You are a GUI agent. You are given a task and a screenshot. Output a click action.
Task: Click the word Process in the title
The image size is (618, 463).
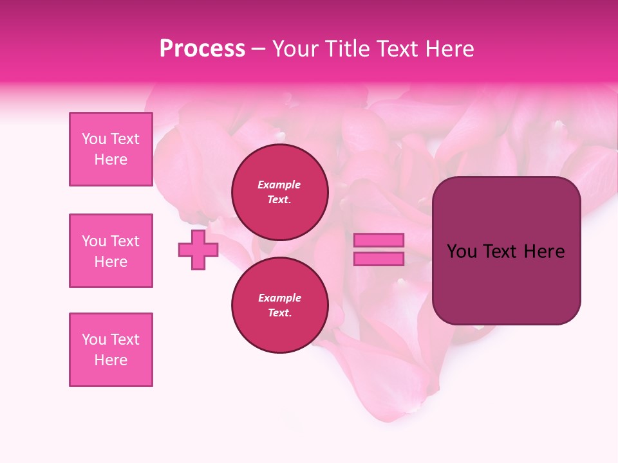(202, 49)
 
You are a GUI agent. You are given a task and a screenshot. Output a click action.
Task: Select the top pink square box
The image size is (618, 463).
(111, 149)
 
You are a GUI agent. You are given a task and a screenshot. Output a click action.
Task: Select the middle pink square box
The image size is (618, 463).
(111, 251)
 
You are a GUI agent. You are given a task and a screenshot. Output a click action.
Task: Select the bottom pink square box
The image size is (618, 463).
(111, 350)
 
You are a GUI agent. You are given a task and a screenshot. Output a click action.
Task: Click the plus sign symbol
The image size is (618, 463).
(198, 250)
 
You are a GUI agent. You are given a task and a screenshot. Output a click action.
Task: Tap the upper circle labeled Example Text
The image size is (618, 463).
(279, 192)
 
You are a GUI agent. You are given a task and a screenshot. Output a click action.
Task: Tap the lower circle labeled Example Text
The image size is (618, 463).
(279, 305)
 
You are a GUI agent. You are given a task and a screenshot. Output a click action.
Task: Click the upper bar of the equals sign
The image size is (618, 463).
(379, 240)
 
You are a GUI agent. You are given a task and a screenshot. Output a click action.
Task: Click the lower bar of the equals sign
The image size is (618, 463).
(379, 259)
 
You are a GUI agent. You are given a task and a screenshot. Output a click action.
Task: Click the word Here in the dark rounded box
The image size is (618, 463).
(544, 251)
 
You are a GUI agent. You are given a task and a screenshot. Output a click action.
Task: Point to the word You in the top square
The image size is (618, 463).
(94, 139)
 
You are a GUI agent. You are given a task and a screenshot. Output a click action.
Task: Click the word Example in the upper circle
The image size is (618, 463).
(279, 185)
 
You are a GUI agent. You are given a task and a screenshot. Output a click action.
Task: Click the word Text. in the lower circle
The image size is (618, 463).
(279, 313)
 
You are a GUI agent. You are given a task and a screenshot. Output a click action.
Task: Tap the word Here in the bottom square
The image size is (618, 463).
(111, 360)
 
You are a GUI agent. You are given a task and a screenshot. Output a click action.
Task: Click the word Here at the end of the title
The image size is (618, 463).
(450, 49)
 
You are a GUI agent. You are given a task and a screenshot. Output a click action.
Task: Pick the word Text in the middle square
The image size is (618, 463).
(125, 241)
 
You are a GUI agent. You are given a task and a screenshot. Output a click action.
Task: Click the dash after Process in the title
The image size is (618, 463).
(258, 49)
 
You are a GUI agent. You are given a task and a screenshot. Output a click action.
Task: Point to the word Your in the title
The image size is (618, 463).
(295, 49)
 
